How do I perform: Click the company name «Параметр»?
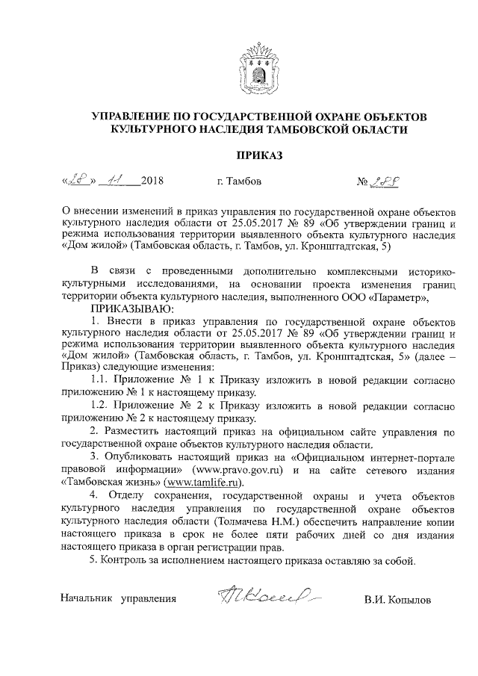tap(400, 298)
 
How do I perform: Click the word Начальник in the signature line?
tap(87, 599)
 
